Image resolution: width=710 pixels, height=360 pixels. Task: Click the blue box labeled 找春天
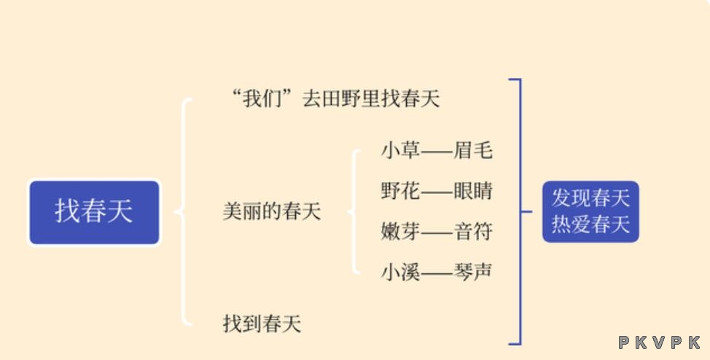pyautogui.click(x=94, y=212)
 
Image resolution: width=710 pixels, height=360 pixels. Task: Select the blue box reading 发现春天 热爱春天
pyautogui.click(x=590, y=211)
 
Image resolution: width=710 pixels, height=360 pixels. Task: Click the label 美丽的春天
pyautogui.click(x=272, y=211)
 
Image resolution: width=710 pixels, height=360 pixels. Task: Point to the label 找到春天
pyautogui.click(x=262, y=324)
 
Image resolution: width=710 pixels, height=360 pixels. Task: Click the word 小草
pyautogui.click(x=401, y=150)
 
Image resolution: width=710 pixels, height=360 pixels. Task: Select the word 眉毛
pyautogui.click(x=473, y=150)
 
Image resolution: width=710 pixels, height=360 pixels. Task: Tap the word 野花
pyautogui.click(x=401, y=191)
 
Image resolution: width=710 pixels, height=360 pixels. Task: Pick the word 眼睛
pyautogui.click(x=473, y=191)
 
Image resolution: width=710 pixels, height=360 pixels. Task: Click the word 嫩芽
pyautogui.click(x=401, y=232)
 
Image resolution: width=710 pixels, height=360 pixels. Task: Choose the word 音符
pyautogui.click(x=473, y=232)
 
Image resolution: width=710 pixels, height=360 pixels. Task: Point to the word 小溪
pyautogui.click(x=401, y=272)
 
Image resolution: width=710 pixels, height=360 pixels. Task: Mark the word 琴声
pyautogui.click(x=473, y=272)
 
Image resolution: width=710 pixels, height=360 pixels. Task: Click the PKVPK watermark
pyautogui.click(x=660, y=343)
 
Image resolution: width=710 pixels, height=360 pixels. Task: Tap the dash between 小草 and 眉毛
pyautogui.click(x=437, y=151)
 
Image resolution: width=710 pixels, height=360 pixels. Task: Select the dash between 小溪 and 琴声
pyautogui.click(x=437, y=273)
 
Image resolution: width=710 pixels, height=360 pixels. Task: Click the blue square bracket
pyautogui.click(x=520, y=211)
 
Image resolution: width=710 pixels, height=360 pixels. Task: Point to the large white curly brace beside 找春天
pyautogui.click(x=184, y=211)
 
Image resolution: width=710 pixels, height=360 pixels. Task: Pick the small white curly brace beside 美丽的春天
pyautogui.click(x=355, y=211)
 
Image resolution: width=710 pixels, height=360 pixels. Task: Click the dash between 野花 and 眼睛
pyautogui.click(x=437, y=192)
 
